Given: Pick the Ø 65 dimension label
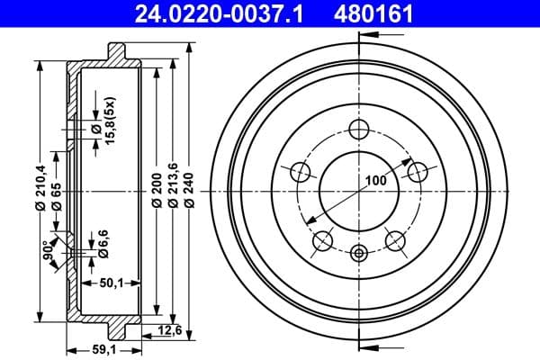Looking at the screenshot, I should click(x=56, y=193).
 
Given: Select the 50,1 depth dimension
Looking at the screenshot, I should click(x=112, y=283).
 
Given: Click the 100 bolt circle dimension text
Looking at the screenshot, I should click(x=375, y=180).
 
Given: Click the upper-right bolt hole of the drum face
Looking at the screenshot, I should click(x=417, y=170).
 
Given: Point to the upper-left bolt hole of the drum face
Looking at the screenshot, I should click(x=300, y=170).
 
